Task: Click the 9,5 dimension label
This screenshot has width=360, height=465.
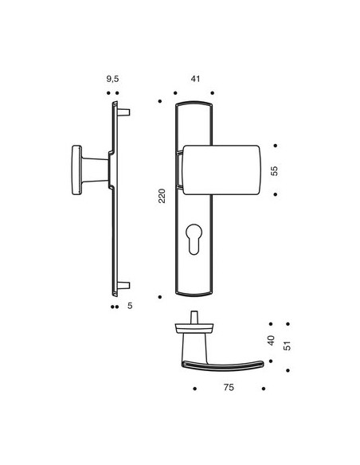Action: click(x=112, y=79)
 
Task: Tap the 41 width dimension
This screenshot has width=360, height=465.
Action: click(x=195, y=79)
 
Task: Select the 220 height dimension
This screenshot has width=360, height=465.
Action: click(x=162, y=196)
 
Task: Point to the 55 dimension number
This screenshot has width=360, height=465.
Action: click(x=275, y=171)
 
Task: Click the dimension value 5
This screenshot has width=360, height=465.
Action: click(x=130, y=306)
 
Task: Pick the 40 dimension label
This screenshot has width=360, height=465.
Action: click(x=271, y=341)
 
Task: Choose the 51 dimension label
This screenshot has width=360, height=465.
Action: click(x=287, y=346)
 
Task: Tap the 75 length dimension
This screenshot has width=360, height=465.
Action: click(x=229, y=387)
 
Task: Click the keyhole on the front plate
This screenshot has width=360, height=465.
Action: click(x=194, y=239)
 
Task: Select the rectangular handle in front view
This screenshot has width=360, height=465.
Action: click(x=221, y=170)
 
